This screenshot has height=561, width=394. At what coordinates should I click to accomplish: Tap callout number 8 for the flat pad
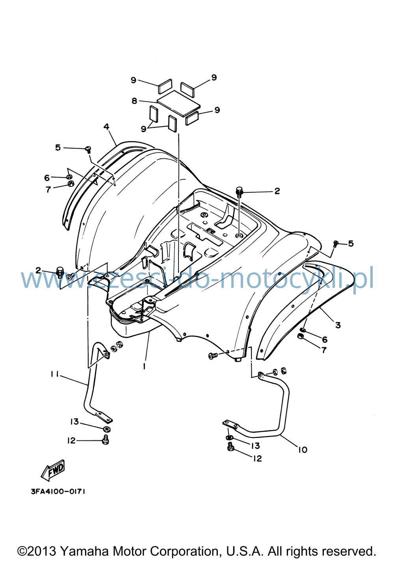(134, 101)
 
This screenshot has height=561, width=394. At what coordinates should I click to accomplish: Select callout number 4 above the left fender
(106, 127)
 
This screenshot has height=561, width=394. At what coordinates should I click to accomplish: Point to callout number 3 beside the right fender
(338, 325)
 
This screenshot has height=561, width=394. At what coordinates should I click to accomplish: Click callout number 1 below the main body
(144, 366)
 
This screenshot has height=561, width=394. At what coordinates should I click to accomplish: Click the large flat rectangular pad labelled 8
(178, 103)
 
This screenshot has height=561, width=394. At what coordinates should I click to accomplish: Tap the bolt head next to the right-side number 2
(239, 192)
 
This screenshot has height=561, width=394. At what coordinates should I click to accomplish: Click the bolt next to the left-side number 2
(60, 272)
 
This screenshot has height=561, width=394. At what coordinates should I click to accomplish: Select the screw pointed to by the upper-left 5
(88, 150)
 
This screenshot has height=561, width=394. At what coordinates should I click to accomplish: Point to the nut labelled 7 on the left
(71, 184)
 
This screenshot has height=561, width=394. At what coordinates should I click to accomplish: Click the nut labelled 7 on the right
(301, 336)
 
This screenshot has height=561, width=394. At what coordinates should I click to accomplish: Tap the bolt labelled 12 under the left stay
(106, 440)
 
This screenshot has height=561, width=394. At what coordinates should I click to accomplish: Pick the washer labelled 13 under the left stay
(107, 429)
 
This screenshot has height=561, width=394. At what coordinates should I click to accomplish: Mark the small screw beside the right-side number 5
(336, 243)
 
